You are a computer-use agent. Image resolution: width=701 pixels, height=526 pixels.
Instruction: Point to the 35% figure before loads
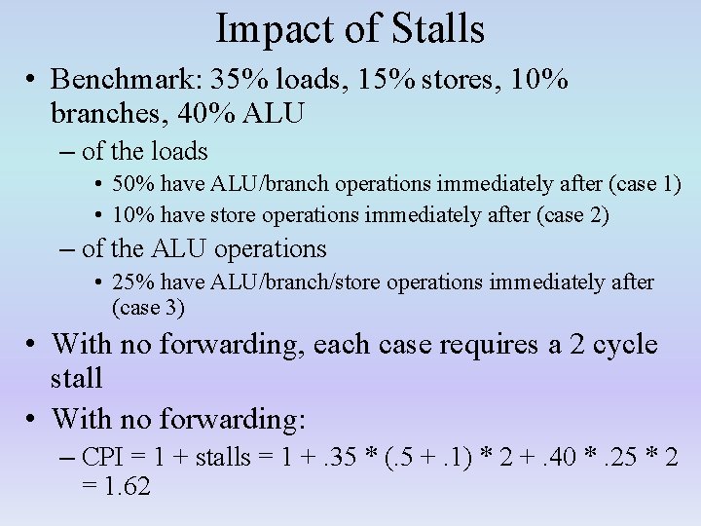tap(255, 79)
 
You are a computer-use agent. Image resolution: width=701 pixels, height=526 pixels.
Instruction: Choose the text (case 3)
tap(148, 309)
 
